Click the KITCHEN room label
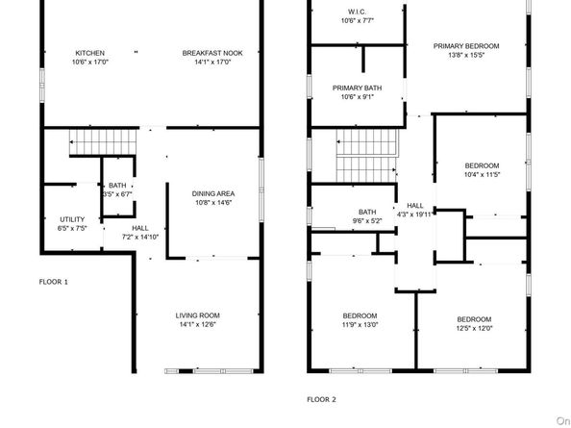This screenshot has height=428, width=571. [x=90, y=53]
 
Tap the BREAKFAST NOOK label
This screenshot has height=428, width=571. [x=212, y=53]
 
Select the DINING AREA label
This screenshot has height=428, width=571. [x=213, y=193]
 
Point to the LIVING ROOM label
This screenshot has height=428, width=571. [x=198, y=315]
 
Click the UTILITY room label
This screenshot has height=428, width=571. [x=72, y=219]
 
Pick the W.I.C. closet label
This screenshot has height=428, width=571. [x=357, y=12]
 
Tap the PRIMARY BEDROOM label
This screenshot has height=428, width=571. [x=466, y=46]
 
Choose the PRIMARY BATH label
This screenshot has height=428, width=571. [x=358, y=88]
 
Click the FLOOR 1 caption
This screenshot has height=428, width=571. [x=54, y=282]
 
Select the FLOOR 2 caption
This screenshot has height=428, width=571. [x=322, y=399]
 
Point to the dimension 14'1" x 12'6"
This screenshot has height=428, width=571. [x=198, y=324]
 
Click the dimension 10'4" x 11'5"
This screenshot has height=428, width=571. [x=482, y=175]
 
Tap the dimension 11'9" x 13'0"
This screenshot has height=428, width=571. [x=360, y=325]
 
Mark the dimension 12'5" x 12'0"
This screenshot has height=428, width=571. [x=474, y=329]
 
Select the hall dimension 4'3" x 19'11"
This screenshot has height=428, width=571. [x=414, y=214]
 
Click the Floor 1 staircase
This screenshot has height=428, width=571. [x=103, y=142]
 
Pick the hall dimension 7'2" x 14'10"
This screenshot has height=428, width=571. [x=140, y=238]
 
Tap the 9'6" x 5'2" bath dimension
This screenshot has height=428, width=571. [x=367, y=221]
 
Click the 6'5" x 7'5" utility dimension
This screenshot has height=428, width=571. [x=72, y=228]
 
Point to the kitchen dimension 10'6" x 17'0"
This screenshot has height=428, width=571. [x=90, y=63]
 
